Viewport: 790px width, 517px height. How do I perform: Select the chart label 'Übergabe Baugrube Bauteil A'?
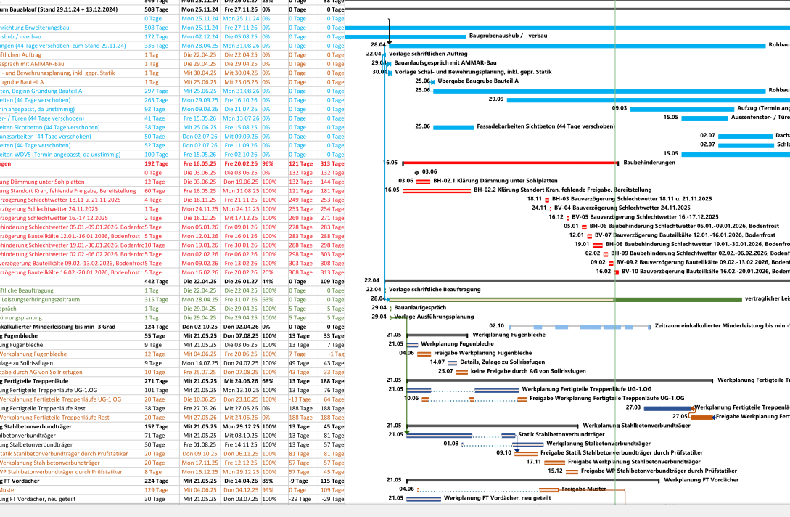pyautogui.click(x=478, y=81)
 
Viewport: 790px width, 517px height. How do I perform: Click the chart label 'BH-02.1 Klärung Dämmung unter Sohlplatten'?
pyautogui.click(x=495, y=181)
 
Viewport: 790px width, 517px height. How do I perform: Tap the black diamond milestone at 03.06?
pyautogui.click(x=416, y=172)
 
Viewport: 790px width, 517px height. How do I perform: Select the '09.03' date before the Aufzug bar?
pyautogui.click(x=620, y=108)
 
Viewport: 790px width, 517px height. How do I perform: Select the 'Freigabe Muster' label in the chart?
pyautogui.click(x=583, y=489)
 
